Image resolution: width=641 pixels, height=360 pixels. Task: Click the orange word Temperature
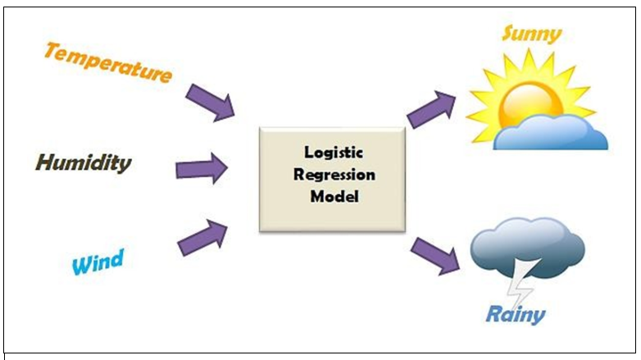pyautogui.click(x=107, y=63)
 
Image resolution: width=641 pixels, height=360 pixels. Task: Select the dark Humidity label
pyautogui.click(x=83, y=162)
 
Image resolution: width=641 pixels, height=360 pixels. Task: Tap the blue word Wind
pyautogui.click(x=98, y=263)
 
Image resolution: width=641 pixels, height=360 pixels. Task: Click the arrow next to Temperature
pyautogui.click(x=210, y=101)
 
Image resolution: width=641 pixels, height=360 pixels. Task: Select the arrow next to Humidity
pyautogui.click(x=202, y=169)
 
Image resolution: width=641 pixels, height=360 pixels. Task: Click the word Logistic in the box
pyautogui.click(x=331, y=153)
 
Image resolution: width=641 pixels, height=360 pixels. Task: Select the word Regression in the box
pyautogui.click(x=331, y=175)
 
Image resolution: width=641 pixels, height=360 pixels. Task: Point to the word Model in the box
pyautogui.click(x=331, y=198)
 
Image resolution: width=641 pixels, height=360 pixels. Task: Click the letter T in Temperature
pyautogui.click(x=53, y=52)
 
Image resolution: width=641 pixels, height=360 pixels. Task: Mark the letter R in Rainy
pyautogui.click(x=495, y=312)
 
